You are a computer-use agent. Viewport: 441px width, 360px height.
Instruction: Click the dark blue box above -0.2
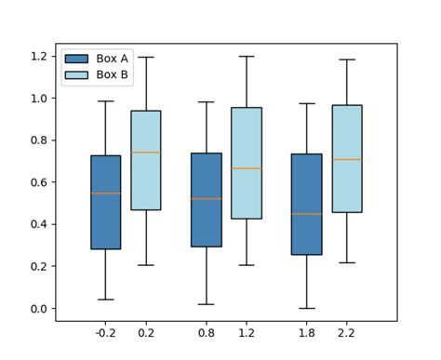pyautogui.click(x=105, y=223)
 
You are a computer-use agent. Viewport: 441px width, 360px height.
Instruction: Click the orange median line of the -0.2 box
pyautogui.click(x=105, y=193)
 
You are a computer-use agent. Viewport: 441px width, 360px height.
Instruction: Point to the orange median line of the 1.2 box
pyautogui.click(x=246, y=168)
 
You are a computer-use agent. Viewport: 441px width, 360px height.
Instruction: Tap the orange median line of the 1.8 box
pyautogui.click(x=306, y=214)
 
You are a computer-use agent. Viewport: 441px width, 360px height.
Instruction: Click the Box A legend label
pyautogui.click(x=112, y=58)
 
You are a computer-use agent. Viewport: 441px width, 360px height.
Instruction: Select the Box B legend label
pyautogui.click(x=112, y=74)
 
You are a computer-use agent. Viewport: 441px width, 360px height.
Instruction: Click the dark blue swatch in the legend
pyautogui.click(x=77, y=58)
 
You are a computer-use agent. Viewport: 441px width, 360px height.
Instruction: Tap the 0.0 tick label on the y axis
pyautogui.click(x=38, y=309)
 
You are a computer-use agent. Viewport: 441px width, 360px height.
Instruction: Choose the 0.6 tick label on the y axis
pyautogui.click(x=38, y=182)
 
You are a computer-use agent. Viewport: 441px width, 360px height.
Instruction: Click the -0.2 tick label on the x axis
pyautogui.click(x=105, y=330)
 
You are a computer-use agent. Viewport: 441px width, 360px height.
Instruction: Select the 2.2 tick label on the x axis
pyautogui.click(x=346, y=330)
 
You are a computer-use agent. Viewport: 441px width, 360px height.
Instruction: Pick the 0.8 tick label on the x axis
pyautogui.click(x=206, y=330)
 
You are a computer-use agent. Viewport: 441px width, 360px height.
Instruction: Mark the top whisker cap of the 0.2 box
pyautogui.click(x=145, y=57)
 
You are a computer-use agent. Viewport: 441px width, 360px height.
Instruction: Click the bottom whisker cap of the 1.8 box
pyautogui.click(x=306, y=308)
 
